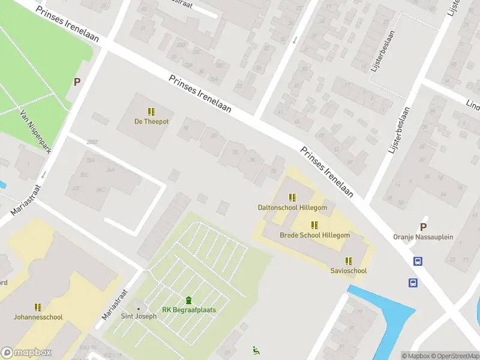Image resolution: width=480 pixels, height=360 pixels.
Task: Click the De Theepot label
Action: coord(151,122)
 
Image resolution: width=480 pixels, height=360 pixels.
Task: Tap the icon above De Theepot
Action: coord(151,112)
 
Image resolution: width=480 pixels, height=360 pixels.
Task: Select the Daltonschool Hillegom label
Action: coord(292,208)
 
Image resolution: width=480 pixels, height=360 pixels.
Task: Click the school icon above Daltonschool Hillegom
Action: coord(292,197)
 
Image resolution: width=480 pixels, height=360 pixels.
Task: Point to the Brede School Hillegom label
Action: coord(314,235)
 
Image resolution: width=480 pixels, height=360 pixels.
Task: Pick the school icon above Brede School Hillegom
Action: coord(314,225)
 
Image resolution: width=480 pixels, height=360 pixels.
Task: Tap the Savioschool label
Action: coord(348,271)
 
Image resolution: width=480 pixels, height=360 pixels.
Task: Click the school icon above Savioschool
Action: coord(348,260)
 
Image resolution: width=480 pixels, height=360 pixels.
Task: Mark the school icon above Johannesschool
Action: coord(38,307)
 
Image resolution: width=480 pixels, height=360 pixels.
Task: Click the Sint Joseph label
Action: coord(139,317)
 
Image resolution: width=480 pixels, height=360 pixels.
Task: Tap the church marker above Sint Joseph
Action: coord(139,308)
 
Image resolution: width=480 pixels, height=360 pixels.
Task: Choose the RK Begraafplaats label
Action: coord(189,310)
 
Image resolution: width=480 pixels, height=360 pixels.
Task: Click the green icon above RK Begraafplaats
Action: coord(189,301)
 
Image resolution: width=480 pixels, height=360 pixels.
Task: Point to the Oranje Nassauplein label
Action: coord(423,237)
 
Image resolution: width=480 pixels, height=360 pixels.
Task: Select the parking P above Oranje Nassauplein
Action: coord(423,227)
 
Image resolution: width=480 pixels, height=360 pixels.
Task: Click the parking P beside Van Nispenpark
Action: coord(77,82)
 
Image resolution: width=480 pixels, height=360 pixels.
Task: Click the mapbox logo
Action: coord(26,353)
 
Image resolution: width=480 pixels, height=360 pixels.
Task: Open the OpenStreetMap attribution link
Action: coord(454,356)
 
